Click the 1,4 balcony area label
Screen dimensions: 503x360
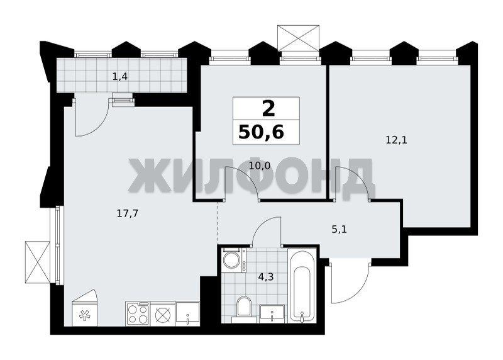[x=120, y=77]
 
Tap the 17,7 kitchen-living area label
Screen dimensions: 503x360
[x=128, y=213]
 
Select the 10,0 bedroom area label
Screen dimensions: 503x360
[x=260, y=166]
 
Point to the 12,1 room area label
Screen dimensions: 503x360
[x=397, y=140]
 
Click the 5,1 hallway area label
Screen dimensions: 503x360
[x=339, y=230]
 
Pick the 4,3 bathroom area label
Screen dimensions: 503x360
[x=265, y=277]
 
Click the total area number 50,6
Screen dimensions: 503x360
[x=261, y=132]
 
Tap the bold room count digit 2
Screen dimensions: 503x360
[x=269, y=109]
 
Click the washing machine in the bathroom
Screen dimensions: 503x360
[x=234, y=260]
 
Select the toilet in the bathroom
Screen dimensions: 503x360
[x=244, y=310]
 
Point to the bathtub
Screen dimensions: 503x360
[x=302, y=285]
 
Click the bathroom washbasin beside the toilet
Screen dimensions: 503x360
[x=272, y=314]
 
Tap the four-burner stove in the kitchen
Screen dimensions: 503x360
[x=138, y=314]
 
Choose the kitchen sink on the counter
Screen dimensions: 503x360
[x=187, y=314]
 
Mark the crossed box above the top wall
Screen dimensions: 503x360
[x=299, y=38]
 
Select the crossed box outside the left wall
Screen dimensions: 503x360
[x=38, y=262]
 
